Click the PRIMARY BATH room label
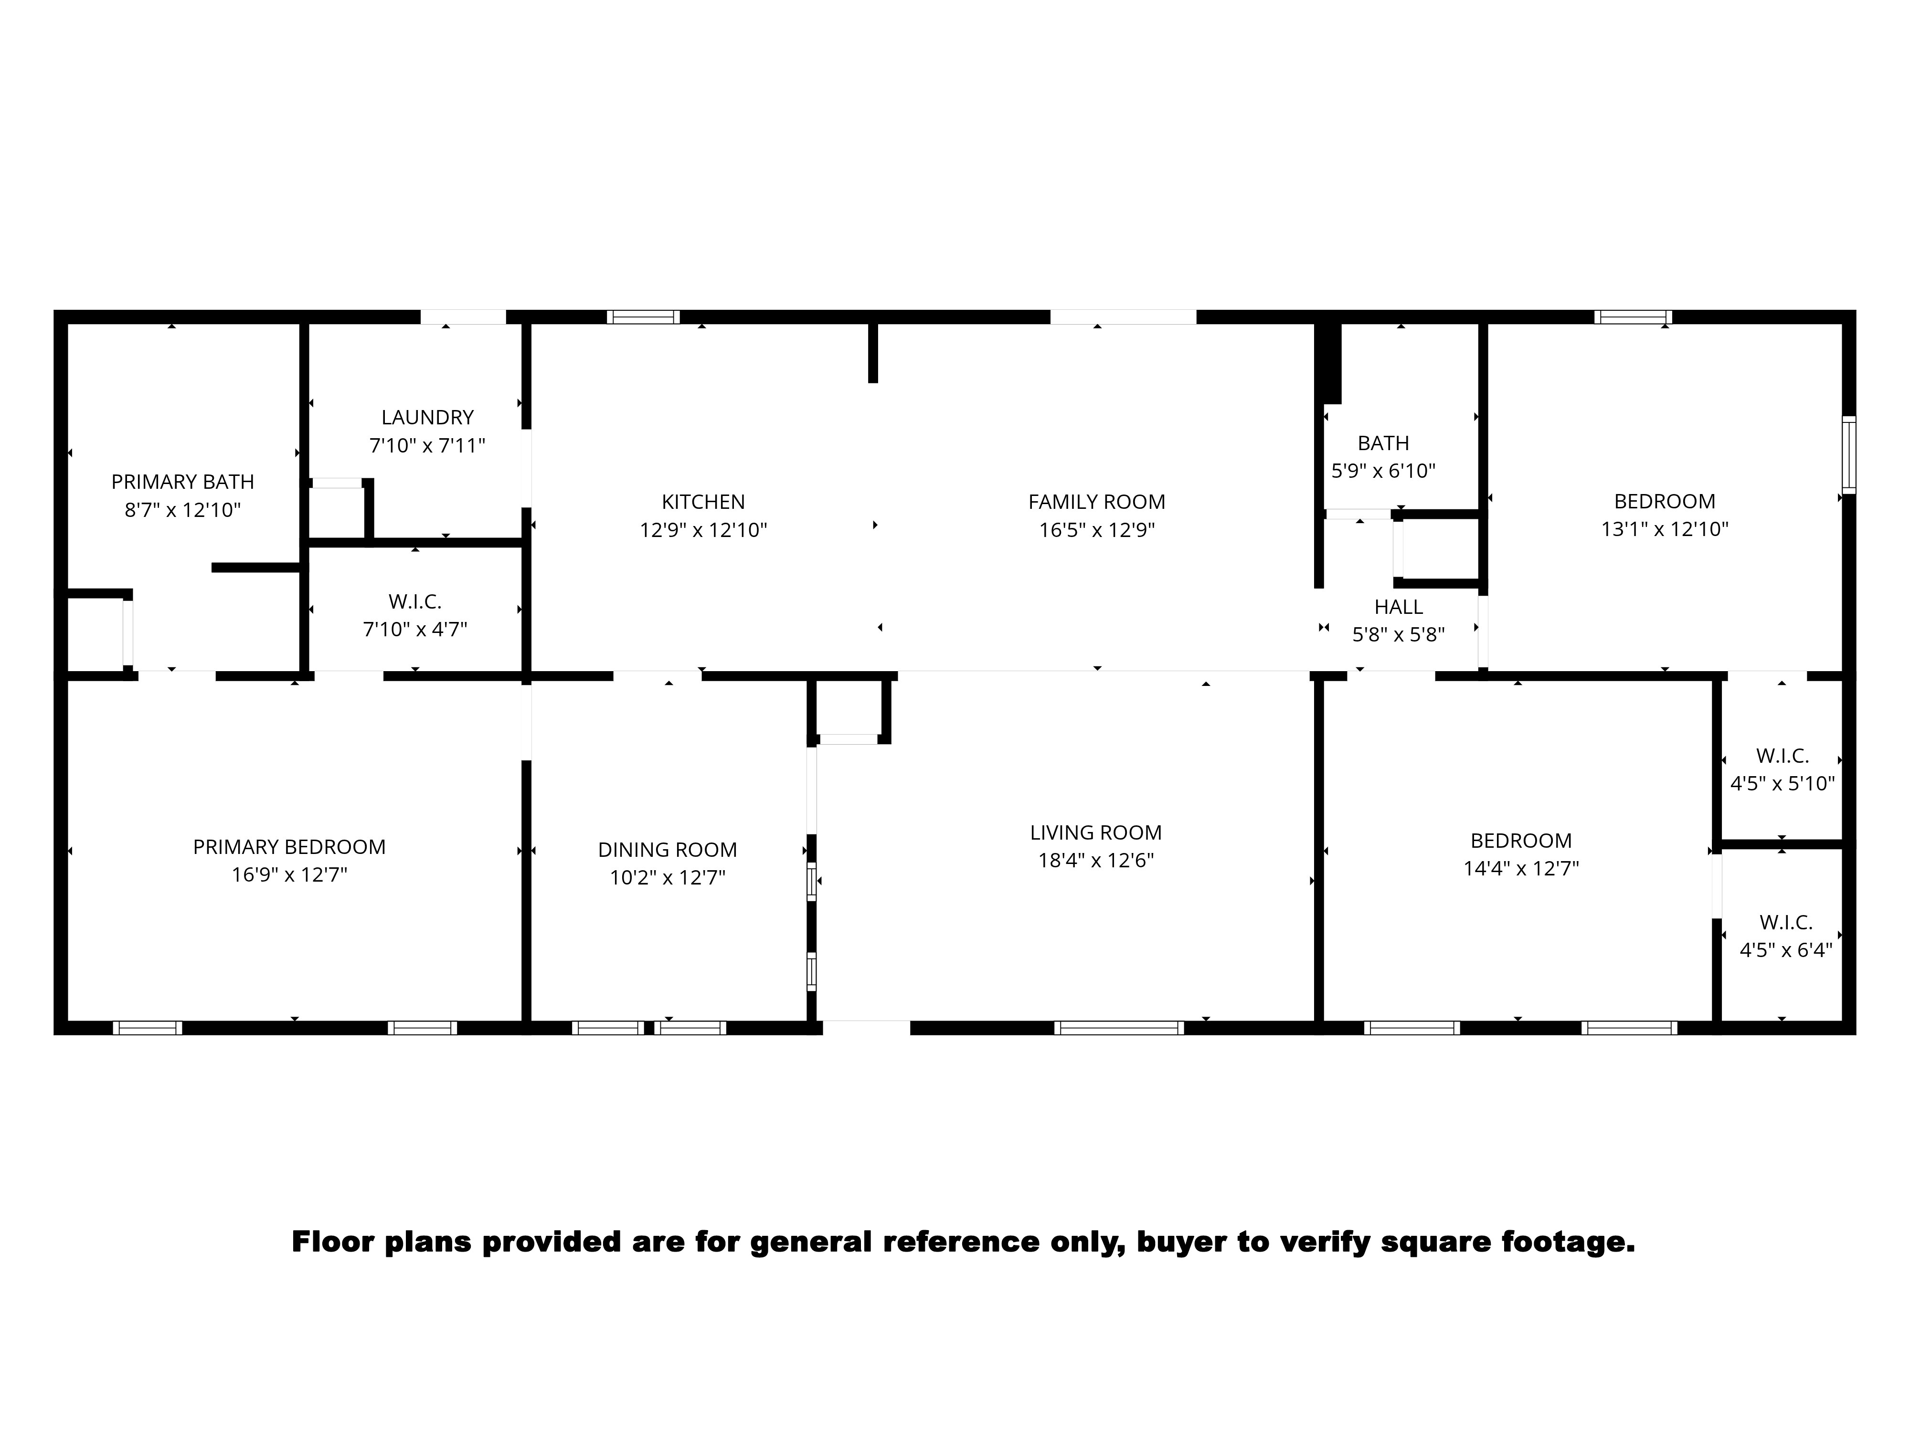tap(182, 482)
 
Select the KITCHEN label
tap(703, 502)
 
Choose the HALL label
tap(1398, 607)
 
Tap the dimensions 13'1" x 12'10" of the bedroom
tap(1664, 529)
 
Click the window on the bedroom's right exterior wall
tap(1849, 455)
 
